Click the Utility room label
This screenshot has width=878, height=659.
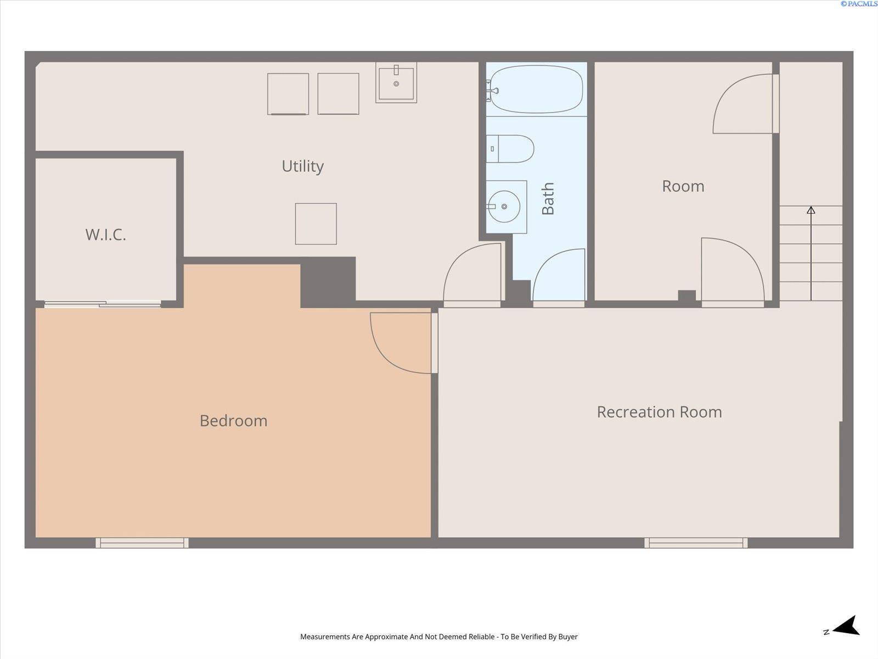pyautogui.click(x=302, y=166)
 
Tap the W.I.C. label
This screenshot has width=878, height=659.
pyautogui.click(x=105, y=235)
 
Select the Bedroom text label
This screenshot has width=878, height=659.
pyautogui.click(x=234, y=421)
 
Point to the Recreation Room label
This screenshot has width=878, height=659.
pyautogui.click(x=659, y=412)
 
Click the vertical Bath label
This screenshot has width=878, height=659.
pyautogui.click(x=548, y=198)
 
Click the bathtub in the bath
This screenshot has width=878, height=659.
pyautogui.click(x=536, y=89)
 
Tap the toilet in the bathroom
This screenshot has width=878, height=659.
pyautogui.click(x=510, y=149)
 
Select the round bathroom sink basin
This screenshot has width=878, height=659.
pyautogui.click(x=504, y=206)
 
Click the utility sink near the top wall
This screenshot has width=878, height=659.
pyautogui.click(x=396, y=82)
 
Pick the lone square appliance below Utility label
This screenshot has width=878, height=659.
pyautogui.click(x=316, y=224)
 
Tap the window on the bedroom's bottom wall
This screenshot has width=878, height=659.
pyautogui.click(x=142, y=543)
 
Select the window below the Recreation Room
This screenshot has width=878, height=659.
pyautogui.click(x=696, y=543)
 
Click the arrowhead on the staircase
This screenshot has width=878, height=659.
pyautogui.click(x=811, y=210)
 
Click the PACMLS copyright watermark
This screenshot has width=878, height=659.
pyautogui.click(x=859, y=4)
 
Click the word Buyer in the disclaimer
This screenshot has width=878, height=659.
pyautogui.click(x=567, y=636)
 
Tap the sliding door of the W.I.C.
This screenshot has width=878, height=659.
pyautogui.click(x=103, y=304)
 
